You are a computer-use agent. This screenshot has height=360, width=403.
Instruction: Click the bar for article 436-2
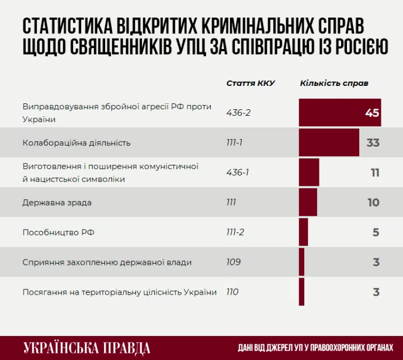(x=339, y=112)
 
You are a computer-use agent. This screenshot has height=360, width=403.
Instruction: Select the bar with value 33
(x=329, y=143)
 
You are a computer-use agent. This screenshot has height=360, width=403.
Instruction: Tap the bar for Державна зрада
(x=308, y=202)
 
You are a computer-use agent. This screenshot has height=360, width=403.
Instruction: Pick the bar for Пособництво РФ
(x=303, y=232)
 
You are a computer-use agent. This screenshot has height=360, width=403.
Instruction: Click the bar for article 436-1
(x=309, y=172)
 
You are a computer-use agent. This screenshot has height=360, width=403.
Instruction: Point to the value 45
(x=372, y=113)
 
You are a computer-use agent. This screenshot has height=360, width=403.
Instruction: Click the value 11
(x=375, y=173)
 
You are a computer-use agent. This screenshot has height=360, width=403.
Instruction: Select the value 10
(x=374, y=203)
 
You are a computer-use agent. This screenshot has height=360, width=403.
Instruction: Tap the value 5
(x=376, y=233)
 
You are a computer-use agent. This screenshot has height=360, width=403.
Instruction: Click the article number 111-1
(x=235, y=143)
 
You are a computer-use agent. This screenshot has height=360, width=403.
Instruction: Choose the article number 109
(x=234, y=262)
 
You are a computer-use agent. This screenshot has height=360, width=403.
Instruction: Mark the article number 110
(x=232, y=292)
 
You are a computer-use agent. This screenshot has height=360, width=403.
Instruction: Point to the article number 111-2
(x=235, y=232)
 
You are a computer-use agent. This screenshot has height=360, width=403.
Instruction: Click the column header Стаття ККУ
(x=251, y=83)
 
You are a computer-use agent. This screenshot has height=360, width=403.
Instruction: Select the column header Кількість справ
(x=334, y=83)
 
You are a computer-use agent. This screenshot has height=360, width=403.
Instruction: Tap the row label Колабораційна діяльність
(x=77, y=143)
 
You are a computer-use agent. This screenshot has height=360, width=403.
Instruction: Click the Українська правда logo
(x=87, y=348)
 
